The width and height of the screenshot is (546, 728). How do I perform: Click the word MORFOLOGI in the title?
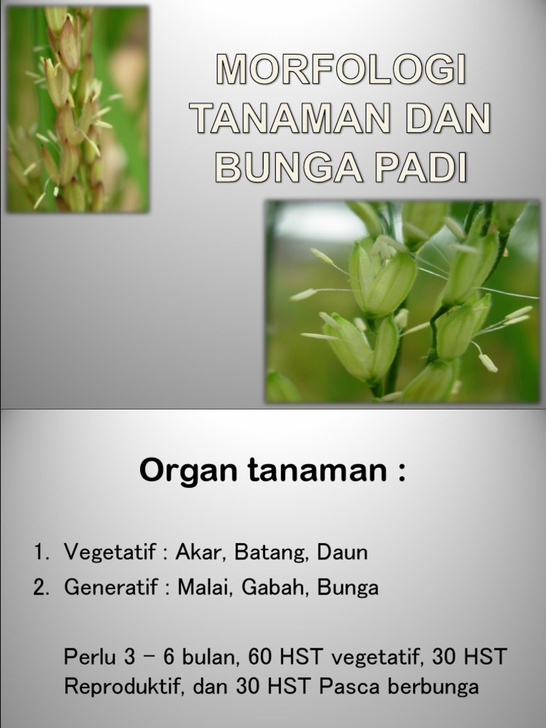341,73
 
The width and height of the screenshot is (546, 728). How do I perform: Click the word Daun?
343,552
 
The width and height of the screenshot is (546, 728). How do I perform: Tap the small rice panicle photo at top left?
77,109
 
